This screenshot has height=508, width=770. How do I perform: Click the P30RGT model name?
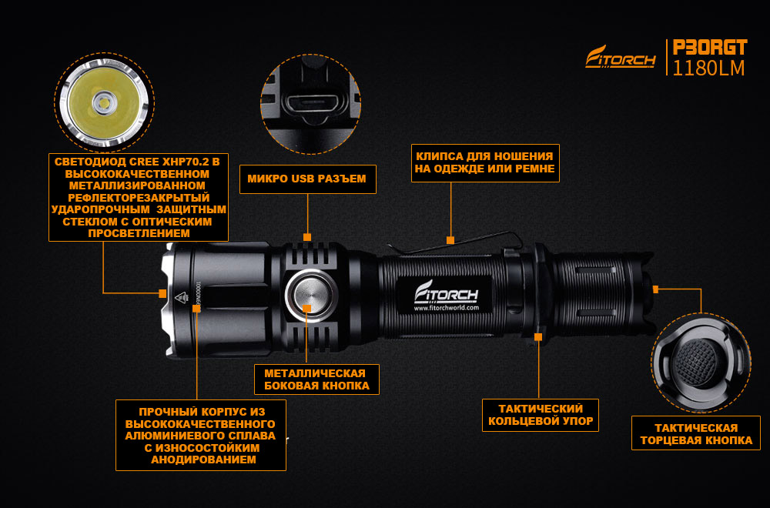click(710, 48)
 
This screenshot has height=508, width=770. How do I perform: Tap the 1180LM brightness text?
click(708, 69)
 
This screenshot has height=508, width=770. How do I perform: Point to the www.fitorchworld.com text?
click(446, 308)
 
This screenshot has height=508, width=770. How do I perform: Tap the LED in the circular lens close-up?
click(104, 103)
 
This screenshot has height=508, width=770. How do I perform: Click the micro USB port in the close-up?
click(311, 105)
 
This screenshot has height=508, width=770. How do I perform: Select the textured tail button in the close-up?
click(695, 362)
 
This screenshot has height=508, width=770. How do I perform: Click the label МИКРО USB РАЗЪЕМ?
click(307, 179)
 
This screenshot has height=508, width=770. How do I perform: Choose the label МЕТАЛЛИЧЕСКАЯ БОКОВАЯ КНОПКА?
click(316, 379)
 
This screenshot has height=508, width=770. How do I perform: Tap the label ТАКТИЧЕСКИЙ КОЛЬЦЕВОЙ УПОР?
click(541, 415)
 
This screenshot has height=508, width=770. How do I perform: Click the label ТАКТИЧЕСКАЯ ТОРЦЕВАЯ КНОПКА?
click(696, 434)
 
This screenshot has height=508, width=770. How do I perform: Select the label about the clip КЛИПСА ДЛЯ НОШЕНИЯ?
click(485, 163)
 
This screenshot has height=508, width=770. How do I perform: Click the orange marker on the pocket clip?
click(450, 240)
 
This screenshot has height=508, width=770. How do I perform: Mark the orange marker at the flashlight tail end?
click(655, 290)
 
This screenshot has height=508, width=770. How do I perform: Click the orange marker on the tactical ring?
click(538, 336)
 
